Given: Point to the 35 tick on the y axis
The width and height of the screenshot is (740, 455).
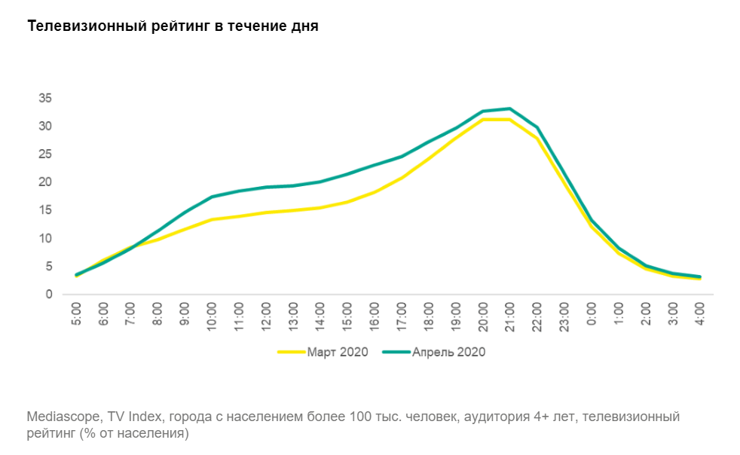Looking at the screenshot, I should [45, 98].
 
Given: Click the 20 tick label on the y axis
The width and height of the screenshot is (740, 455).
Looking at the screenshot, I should [45, 182].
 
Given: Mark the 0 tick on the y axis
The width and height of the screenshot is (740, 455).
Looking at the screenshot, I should [48, 295].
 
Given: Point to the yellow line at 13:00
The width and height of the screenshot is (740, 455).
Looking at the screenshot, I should [293, 210].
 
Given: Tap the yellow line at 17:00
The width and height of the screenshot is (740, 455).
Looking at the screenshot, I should [402, 178].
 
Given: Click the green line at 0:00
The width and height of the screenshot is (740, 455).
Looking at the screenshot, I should [592, 220].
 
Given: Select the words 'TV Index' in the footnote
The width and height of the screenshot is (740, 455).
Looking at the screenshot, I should [125, 417].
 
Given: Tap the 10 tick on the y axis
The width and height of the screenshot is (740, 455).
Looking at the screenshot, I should [45, 238].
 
